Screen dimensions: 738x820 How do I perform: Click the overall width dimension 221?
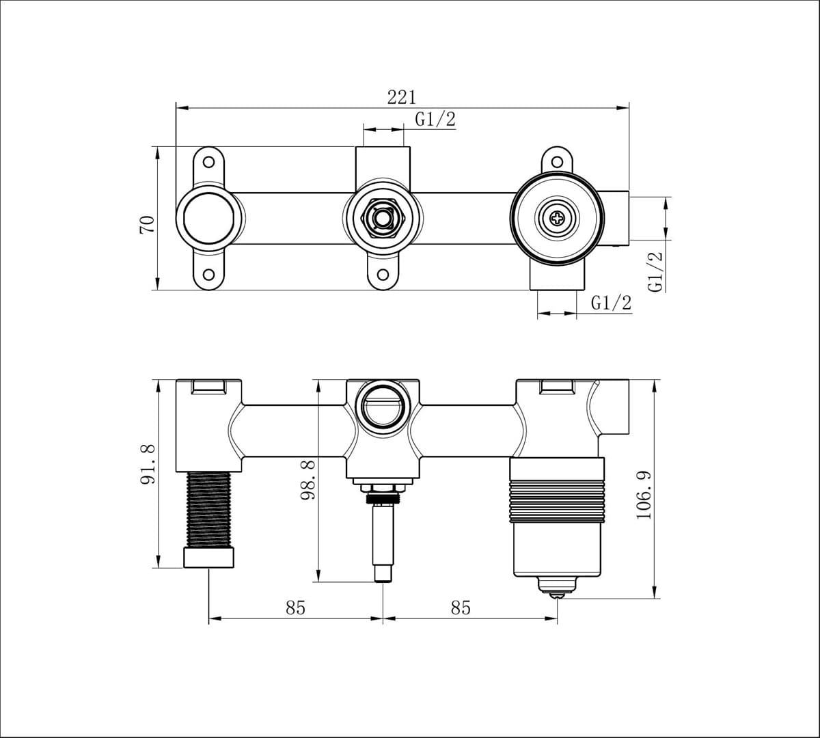(x=402, y=97)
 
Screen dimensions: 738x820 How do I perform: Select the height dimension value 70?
(x=147, y=223)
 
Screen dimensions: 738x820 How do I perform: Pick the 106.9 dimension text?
(x=644, y=494)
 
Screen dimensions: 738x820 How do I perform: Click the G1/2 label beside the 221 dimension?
(x=435, y=120)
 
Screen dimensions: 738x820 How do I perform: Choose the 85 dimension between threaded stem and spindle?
(x=295, y=607)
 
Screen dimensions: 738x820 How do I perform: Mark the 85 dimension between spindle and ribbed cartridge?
(x=461, y=607)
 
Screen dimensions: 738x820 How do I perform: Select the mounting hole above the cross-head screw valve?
(x=558, y=163)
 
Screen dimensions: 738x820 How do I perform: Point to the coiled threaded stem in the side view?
(x=209, y=509)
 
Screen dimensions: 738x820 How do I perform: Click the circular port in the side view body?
(x=383, y=405)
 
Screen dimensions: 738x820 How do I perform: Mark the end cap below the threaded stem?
(x=209, y=557)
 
